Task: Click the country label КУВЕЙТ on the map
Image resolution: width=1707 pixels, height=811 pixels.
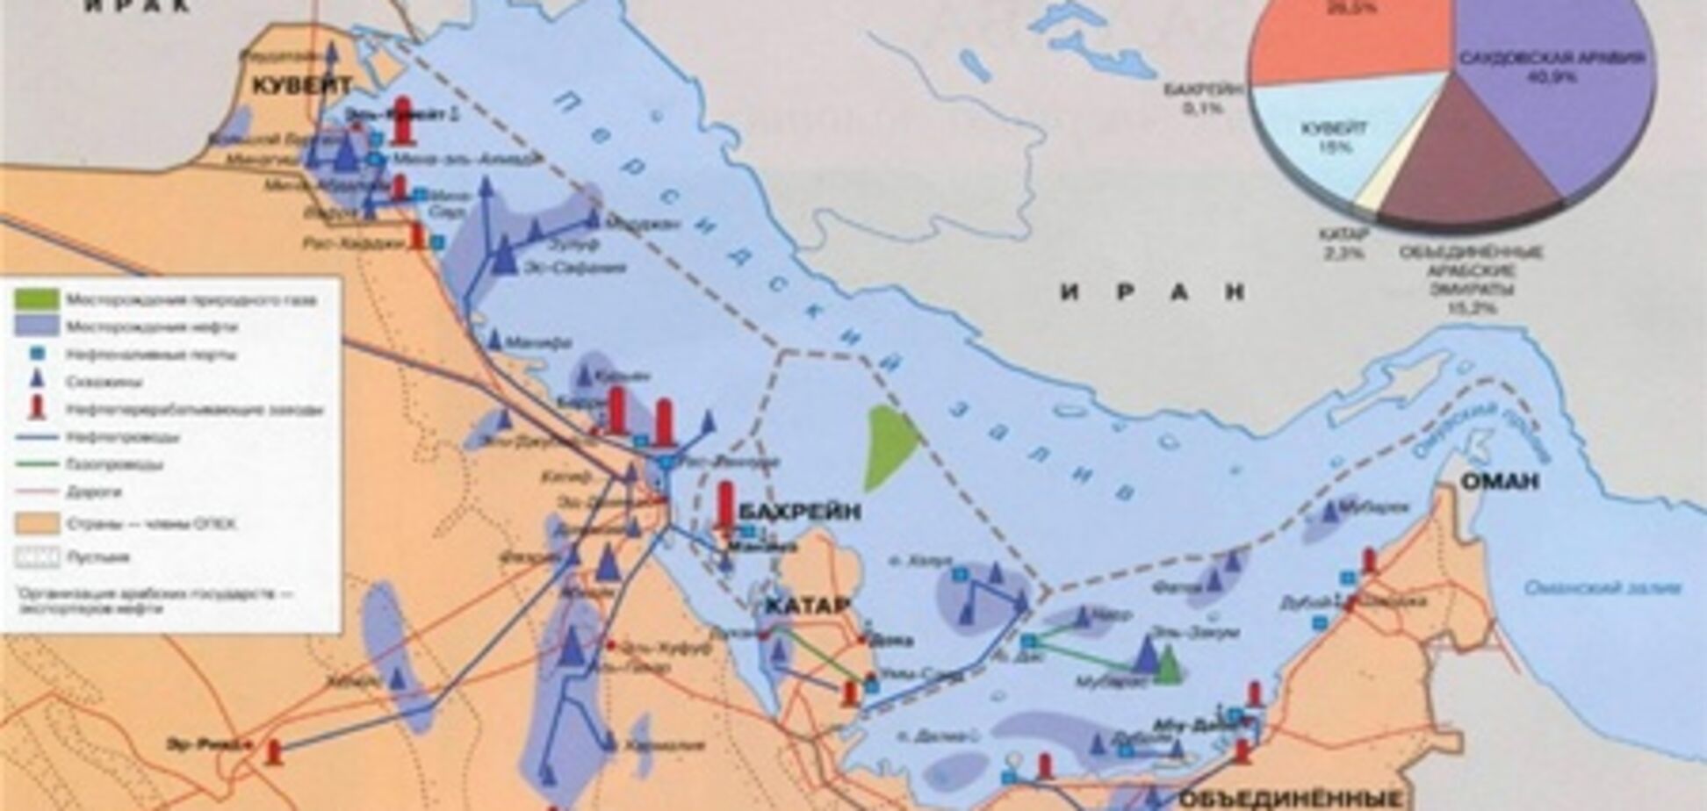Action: pyautogui.click(x=302, y=85)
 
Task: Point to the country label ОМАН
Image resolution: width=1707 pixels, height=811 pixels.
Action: pyautogui.click(x=1500, y=481)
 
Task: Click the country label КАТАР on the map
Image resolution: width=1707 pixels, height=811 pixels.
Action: pyautogui.click(x=805, y=606)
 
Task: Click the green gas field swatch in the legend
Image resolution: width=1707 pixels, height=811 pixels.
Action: pyautogui.click(x=37, y=299)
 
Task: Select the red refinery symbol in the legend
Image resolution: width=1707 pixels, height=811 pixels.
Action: pyautogui.click(x=37, y=408)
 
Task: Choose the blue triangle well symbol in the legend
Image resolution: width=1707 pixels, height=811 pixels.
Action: pyautogui.click(x=37, y=381)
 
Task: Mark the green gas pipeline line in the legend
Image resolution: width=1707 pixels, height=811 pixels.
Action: pyautogui.click(x=37, y=463)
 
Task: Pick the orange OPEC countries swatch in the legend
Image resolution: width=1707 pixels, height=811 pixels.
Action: pyautogui.click(x=37, y=524)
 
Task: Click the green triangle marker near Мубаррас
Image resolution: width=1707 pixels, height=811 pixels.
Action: pyautogui.click(x=1167, y=666)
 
